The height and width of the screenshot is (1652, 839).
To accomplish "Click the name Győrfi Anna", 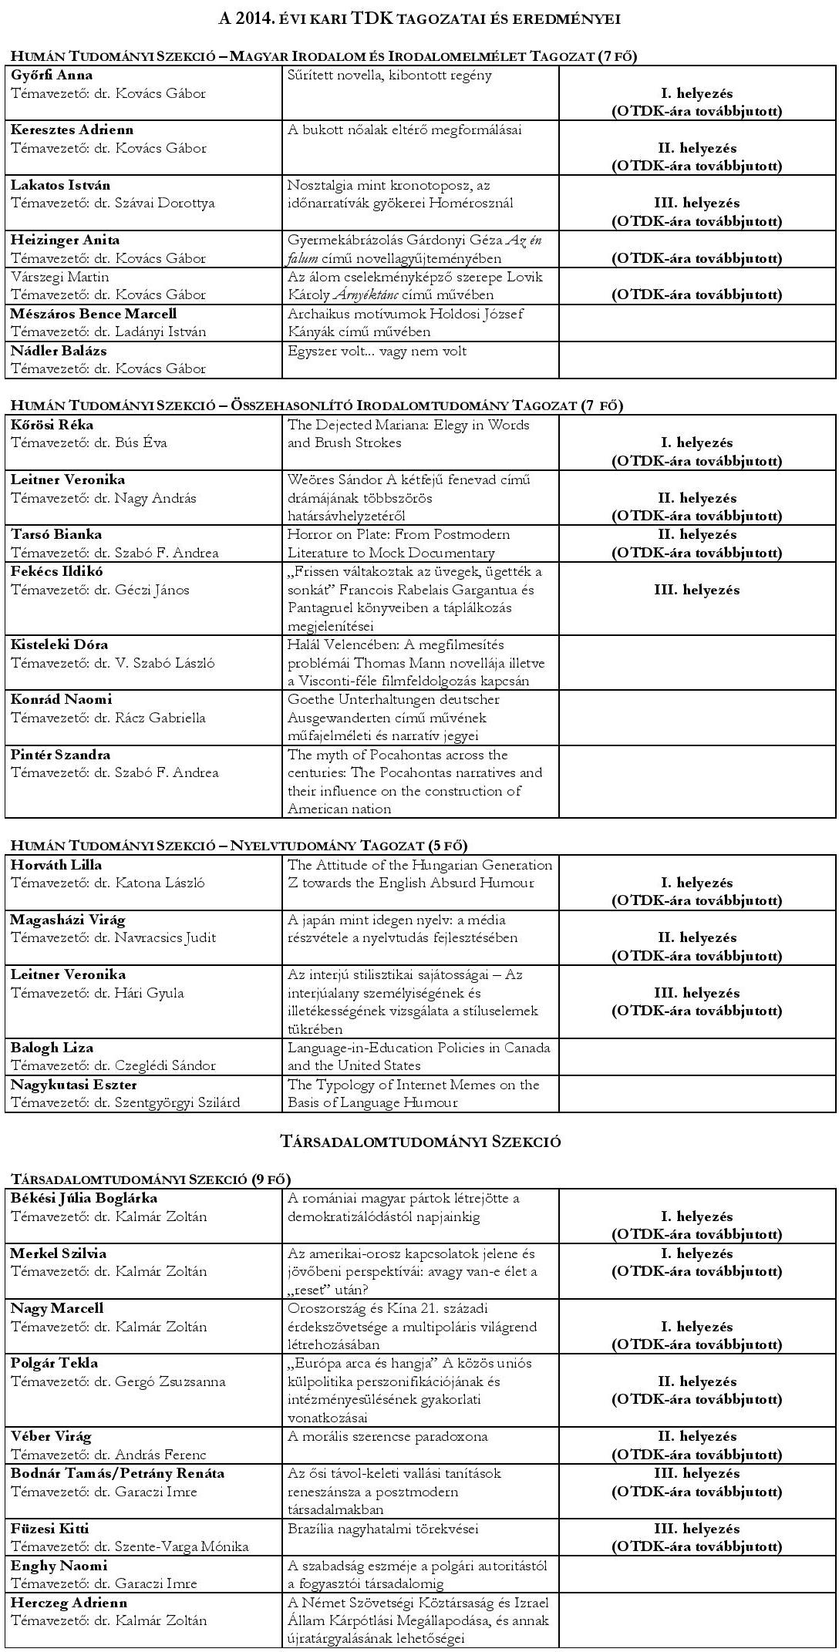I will click(x=52, y=76).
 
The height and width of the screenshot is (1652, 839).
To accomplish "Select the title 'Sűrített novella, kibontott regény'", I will click(x=389, y=76).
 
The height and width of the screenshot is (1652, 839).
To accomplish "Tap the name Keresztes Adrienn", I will click(x=72, y=130).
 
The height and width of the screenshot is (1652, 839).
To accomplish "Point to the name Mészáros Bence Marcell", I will click(x=93, y=314).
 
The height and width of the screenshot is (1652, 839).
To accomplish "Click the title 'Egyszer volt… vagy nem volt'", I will click(x=377, y=351).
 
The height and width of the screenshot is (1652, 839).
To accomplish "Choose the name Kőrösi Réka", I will click(x=52, y=425).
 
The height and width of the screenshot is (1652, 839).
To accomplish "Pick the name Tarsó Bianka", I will click(x=56, y=534).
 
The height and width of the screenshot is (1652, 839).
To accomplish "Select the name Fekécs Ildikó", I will click(x=56, y=571).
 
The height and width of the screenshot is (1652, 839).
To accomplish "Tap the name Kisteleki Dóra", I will click(x=59, y=644).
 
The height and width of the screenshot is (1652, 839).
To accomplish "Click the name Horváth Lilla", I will click(x=56, y=865).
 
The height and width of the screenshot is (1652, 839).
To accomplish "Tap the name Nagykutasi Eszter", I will click(x=73, y=1085).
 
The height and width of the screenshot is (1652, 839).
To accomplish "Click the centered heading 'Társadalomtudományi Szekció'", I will click(x=419, y=1142).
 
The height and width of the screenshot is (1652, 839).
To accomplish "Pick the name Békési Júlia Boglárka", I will click(x=83, y=1198).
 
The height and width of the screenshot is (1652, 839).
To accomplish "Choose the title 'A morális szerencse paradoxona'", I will click(x=388, y=1437).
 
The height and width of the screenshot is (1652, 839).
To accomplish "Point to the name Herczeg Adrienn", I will click(x=69, y=1603).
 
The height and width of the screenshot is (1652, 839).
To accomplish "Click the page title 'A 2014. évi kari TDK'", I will click(x=419, y=19).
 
